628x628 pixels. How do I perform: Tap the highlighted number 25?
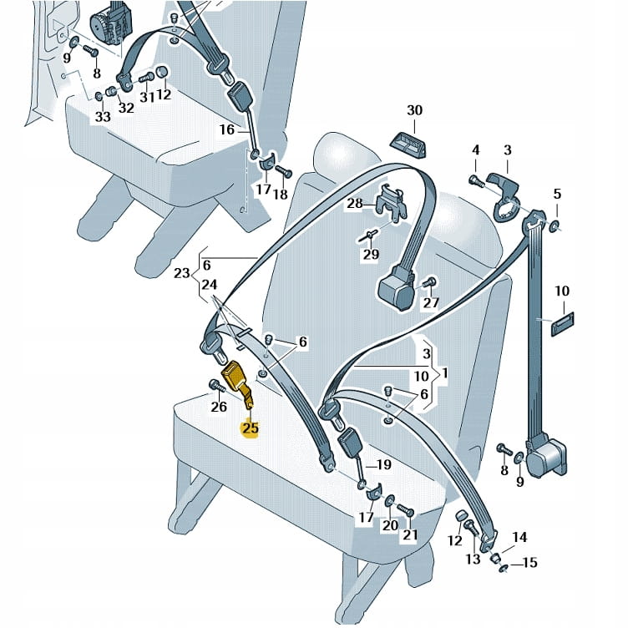pos(250,429)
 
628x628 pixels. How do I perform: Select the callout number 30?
pos(415,111)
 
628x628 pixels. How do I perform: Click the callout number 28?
pos(354,204)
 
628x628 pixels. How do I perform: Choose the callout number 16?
pos(227,129)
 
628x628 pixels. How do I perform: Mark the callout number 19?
pos(382,464)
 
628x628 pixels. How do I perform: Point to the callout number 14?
pos(519,538)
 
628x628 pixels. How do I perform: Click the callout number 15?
pos(529,563)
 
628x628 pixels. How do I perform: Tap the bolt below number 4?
pos(474,179)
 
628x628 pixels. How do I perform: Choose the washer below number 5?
pos(555,225)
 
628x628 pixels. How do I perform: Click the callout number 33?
pos(102,118)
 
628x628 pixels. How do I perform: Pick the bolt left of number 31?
pos(144,80)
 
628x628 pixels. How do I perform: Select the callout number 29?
pos(370,255)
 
